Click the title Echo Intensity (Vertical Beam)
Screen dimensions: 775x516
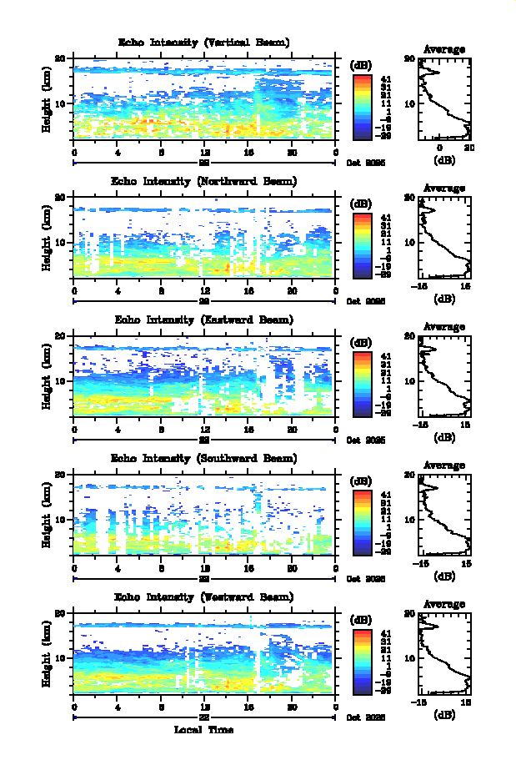tap(204, 43)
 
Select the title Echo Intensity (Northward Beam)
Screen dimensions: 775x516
tap(204, 181)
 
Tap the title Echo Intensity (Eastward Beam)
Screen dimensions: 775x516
tap(204, 320)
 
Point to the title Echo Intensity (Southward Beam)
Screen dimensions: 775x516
tap(204, 458)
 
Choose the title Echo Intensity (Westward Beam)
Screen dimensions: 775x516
tap(204, 596)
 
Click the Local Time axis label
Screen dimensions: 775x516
tap(203, 729)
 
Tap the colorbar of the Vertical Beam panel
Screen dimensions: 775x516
tap(362, 105)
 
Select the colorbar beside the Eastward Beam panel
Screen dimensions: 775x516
tap(362, 383)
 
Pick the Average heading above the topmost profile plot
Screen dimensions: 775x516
tap(444, 50)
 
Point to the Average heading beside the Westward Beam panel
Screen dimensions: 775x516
tap(444, 604)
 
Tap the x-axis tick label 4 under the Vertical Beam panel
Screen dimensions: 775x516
tap(118, 153)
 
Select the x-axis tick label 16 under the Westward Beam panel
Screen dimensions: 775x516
tap(248, 707)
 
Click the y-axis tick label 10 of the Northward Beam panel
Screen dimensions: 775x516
tap(60, 242)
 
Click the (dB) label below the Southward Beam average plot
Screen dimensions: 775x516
tap(444, 575)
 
